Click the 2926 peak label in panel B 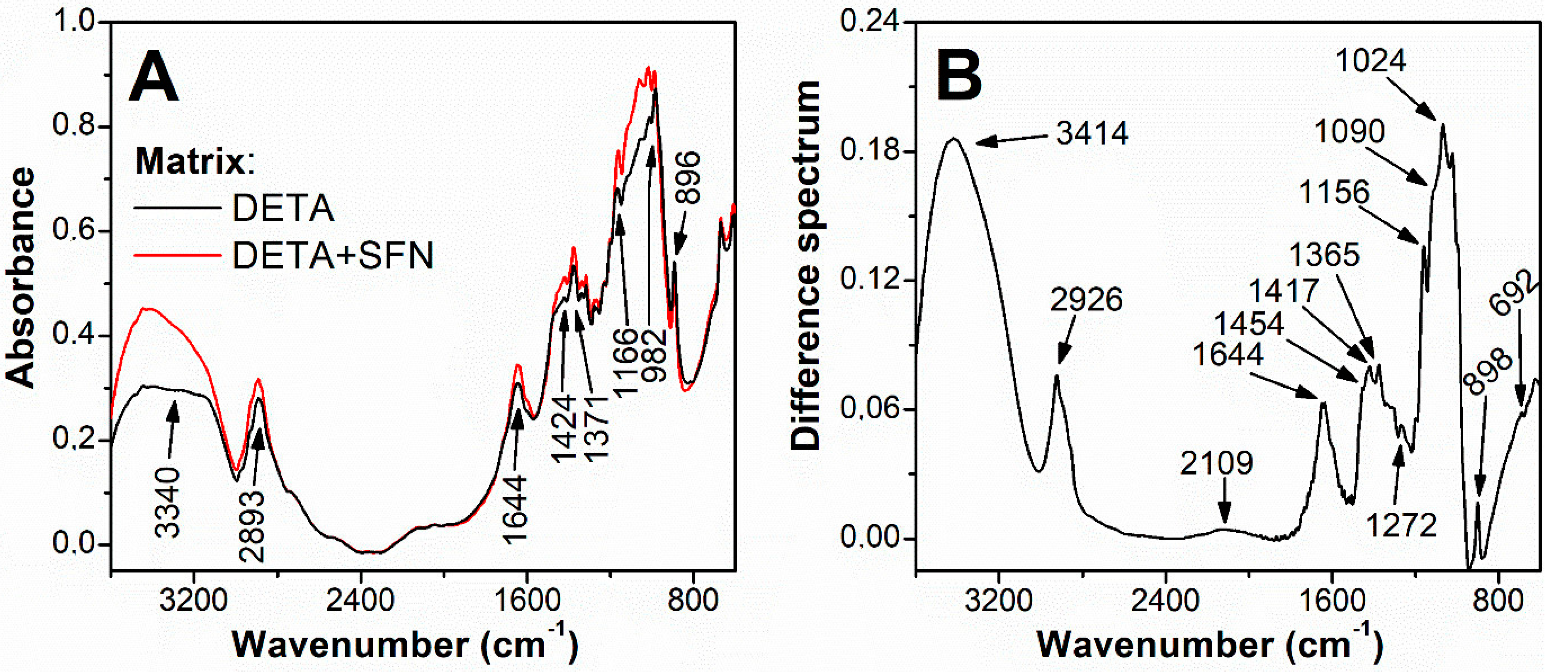(1086, 299)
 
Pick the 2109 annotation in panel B (1216, 463)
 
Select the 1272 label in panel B (1401, 526)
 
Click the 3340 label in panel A (168, 502)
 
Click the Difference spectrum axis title (806, 265)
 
